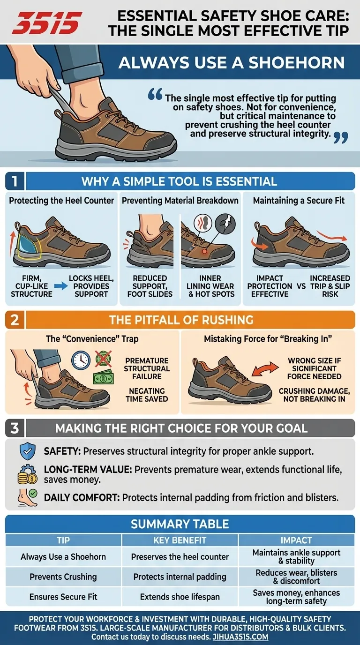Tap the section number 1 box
[x=15, y=181]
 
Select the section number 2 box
[x=15, y=320]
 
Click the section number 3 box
[x=15, y=428]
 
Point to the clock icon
[x=81, y=360]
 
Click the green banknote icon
[x=103, y=376]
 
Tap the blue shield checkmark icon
[x=28, y=451]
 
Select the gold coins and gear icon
[x=28, y=474]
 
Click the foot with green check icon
[x=28, y=497]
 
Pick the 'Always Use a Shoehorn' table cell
[x=63, y=556]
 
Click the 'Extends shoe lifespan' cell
[x=180, y=597]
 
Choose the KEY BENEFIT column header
[x=180, y=540]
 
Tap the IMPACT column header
[x=296, y=540]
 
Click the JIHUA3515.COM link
[x=240, y=637]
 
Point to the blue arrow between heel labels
[x=61, y=286]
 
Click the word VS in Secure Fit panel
[x=301, y=286]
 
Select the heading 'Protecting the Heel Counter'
[x=61, y=201]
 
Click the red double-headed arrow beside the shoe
[x=265, y=369]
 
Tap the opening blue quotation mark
[x=155, y=94]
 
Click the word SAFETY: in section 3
[x=62, y=451]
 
